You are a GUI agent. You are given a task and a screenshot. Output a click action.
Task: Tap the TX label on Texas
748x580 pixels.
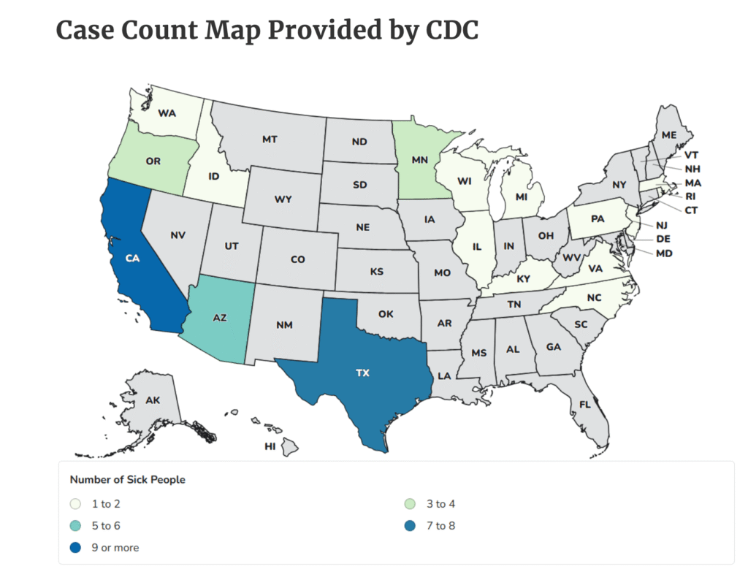tap(362, 373)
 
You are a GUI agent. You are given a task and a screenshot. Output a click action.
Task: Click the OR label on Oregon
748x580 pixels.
tap(153, 161)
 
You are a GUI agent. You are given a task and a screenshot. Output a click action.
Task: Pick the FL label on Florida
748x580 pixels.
tap(585, 404)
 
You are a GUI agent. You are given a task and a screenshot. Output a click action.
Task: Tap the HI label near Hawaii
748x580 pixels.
tap(270, 446)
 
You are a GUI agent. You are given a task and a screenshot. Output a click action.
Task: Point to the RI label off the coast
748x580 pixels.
tap(690, 196)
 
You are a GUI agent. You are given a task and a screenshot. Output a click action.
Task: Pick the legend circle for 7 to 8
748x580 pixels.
tap(411, 526)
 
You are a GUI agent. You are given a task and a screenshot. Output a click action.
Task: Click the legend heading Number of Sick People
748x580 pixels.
tap(127, 480)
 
